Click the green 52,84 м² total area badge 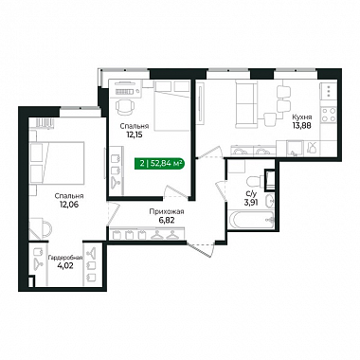pyautogui.click(x=159, y=164)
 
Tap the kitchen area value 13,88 pyautogui.click(x=301, y=125)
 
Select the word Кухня pyautogui.click(x=302, y=117)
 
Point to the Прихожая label pyautogui.click(x=167, y=212)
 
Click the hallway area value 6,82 pyautogui.click(x=167, y=220)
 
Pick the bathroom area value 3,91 pyautogui.click(x=251, y=202)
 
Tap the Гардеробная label pyautogui.click(x=65, y=258)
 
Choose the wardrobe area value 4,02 pyautogui.click(x=65, y=266)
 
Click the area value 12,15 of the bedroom pyautogui.click(x=134, y=135)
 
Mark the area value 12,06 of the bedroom pyautogui.click(x=69, y=205)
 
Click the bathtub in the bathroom pyautogui.click(x=251, y=220)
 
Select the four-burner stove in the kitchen pyautogui.click(x=329, y=115)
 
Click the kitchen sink pyautogui.click(x=295, y=149)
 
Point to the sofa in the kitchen pyautogui.click(x=245, y=103)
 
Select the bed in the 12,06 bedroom pyautogui.click(x=57, y=163)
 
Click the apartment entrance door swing pyautogui.click(x=200, y=249)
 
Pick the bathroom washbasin pyautogui.click(x=270, y=201)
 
